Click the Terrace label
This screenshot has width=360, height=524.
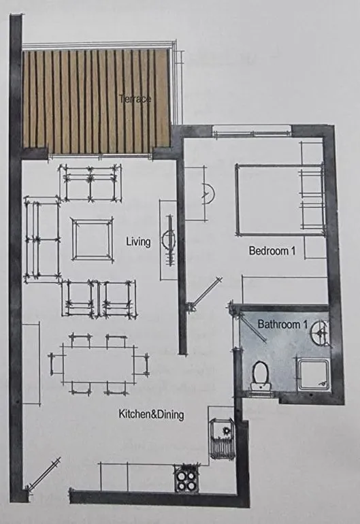134,99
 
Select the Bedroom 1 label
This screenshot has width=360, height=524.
272,250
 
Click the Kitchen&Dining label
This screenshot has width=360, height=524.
151,414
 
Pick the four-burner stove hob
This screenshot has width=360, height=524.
186,478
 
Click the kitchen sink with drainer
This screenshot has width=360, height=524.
223,438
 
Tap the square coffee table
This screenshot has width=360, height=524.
92,239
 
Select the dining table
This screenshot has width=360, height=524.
99,364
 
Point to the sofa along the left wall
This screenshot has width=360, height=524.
40,238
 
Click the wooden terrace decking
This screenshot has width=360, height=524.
95,102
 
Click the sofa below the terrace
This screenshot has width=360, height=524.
88,182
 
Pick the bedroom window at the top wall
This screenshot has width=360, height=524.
242,131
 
